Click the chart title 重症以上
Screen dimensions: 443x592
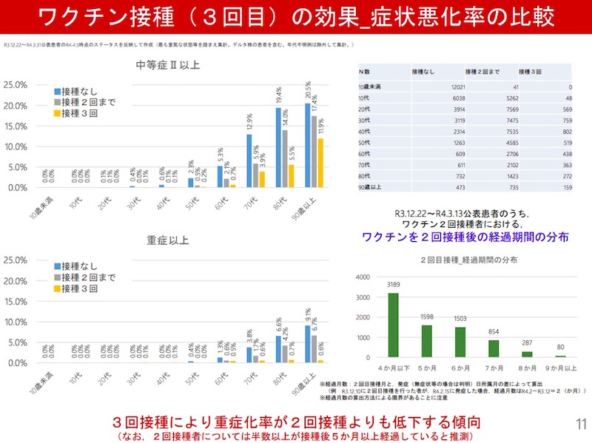point(167,240)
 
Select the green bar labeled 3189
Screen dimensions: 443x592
point(393,325)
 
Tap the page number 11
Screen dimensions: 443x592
point(580,424)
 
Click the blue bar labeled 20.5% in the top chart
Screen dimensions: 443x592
point(307,145)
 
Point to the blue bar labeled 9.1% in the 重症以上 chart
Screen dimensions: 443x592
point(307,344)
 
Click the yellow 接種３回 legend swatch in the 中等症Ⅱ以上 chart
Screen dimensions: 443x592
point(57,113)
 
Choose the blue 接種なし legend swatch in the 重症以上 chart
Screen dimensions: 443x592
point(57,266)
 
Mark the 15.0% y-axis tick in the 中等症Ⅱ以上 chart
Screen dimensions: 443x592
point(16,126)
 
